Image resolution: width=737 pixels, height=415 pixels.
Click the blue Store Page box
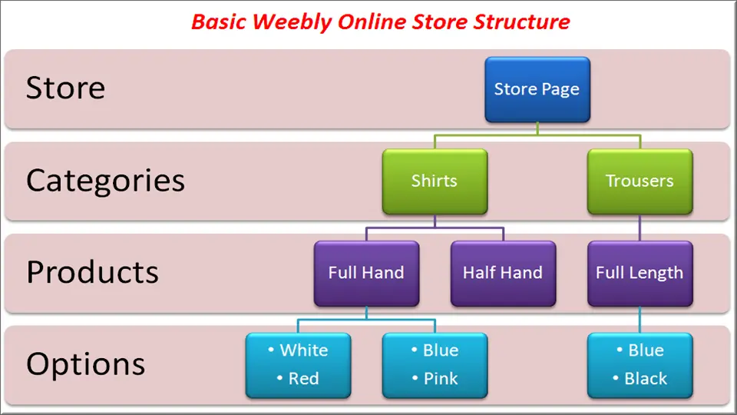[x=537, y=89]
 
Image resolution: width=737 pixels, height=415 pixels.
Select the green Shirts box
[x=435, y=181]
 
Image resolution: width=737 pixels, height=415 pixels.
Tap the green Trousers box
[x=640, y=181]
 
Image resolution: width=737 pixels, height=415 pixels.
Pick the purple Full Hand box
[x=367, y=274]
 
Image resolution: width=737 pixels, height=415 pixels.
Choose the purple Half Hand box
[x=503, y=274]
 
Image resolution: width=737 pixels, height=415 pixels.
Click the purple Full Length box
[x=640, y=274]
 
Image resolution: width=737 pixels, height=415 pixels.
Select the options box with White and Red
[x=298, y=365]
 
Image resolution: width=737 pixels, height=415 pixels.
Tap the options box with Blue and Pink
[x=435, y=365]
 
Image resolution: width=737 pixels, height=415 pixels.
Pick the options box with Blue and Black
[x=640, y=365]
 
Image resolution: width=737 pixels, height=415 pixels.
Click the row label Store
[x=65, y=88]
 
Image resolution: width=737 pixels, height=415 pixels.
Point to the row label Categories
[x=105, y=181]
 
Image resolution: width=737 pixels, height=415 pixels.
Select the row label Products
[x=93, y=272]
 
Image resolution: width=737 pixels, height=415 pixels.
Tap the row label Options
[x=85, y=364]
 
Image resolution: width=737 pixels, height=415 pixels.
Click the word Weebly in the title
[x=292, y=22]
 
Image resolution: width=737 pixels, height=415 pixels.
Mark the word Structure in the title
[x=522, y=22]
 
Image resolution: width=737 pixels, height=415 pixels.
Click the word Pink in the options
[x=441, y=379]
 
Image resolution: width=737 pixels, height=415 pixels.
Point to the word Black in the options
[x=646, y=379]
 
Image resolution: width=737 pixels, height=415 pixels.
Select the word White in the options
[x=304, y=350]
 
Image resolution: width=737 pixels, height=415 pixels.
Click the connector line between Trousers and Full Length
[x=640, y=227]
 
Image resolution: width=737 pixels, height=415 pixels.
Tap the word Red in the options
[x=304, y=379]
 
